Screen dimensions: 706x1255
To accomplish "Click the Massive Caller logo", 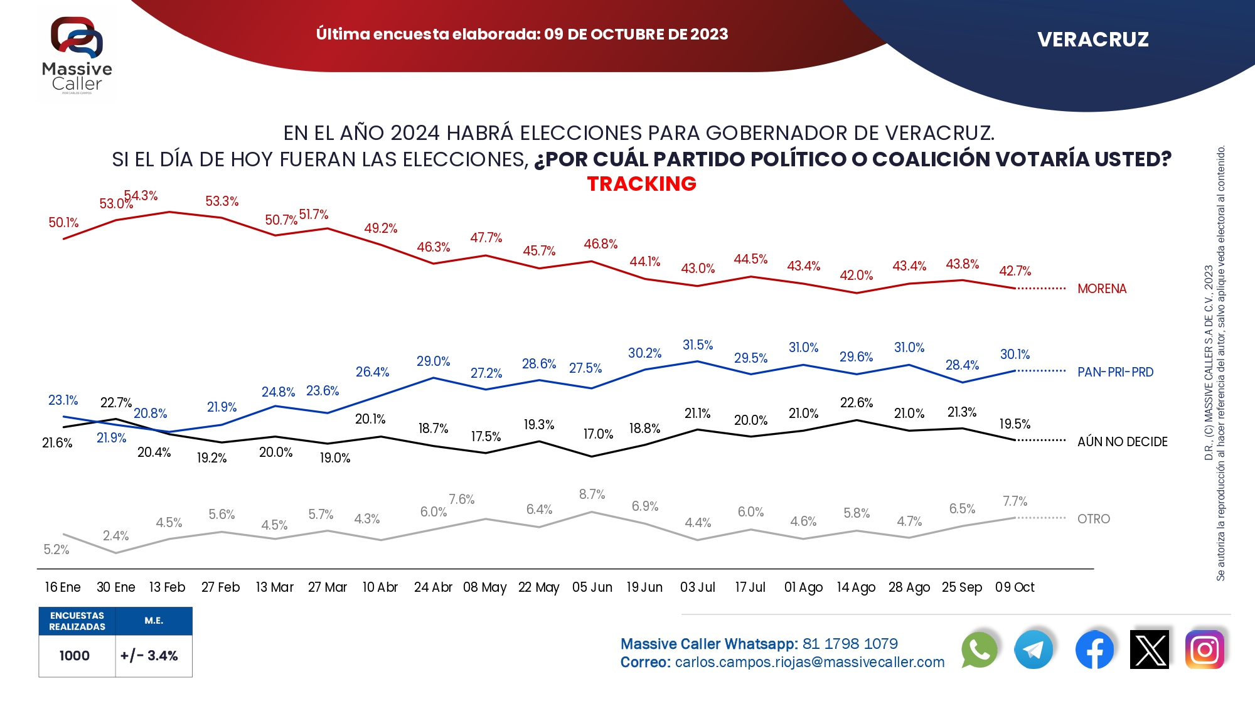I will [x=77, y=55].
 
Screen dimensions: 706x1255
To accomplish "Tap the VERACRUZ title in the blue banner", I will [x=1093, y=40].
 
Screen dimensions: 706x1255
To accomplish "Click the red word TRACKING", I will [x=641, y=184].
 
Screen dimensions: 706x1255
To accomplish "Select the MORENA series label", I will [x=1102, y=289].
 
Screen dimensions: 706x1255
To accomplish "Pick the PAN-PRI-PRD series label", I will [x=1115, y=372].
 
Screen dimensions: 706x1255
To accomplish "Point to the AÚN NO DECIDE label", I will [x=1122, y=442].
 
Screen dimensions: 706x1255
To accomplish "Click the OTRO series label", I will [x=1094, y=519].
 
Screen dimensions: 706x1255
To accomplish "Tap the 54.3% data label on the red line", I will [x=141, y=196].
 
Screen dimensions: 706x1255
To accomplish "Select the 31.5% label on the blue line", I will [x=698, y=345].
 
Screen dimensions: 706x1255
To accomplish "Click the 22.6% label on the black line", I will [x=857, y=403].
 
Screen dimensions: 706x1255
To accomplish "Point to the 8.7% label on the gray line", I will [x=592, y=495].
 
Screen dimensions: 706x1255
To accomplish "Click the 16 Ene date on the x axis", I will [x=63, y=587].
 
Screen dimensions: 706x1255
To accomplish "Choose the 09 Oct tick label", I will [x=1015, y=587].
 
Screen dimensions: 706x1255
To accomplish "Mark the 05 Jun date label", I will [x=592, y=587].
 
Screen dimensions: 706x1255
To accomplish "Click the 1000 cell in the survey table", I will [x=75, y=656].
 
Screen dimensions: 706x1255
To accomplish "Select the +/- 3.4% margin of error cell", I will [x=149, y=656].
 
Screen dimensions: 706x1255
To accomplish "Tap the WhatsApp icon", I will [x=979, y=650].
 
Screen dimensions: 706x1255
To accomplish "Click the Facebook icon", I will [x=1094, y=650].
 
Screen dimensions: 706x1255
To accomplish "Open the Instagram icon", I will [x=1204, y=650].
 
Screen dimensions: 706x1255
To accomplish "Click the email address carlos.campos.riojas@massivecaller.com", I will [x=809, y=662].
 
